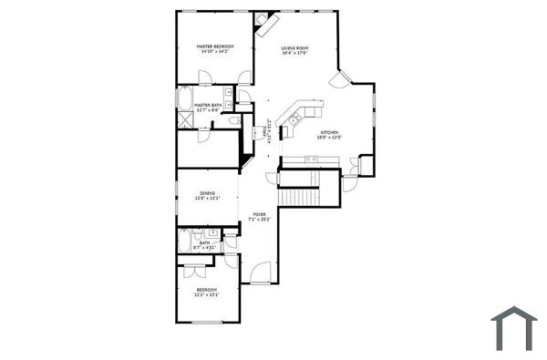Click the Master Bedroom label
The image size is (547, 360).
pos(215,46)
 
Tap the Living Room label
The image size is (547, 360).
pos(294,47)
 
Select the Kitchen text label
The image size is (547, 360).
pos(328,133)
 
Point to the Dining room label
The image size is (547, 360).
pos(208,192)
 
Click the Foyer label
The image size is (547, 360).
pos(259,215)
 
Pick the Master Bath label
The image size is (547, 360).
pos(208,105)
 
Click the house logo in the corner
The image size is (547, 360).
pos(514,328)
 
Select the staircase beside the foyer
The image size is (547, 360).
pos(300,195)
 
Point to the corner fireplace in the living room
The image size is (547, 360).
pos(263,19)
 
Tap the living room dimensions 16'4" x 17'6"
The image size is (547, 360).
pos(294,53)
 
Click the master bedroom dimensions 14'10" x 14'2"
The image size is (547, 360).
pos(215,52)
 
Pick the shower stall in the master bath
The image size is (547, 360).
pos(185,119)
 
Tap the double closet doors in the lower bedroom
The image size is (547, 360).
pos(196,271)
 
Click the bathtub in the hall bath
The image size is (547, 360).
pos(185,241)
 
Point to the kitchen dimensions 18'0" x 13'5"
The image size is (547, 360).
pos(328,139)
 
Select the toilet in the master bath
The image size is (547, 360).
pos(233,119)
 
